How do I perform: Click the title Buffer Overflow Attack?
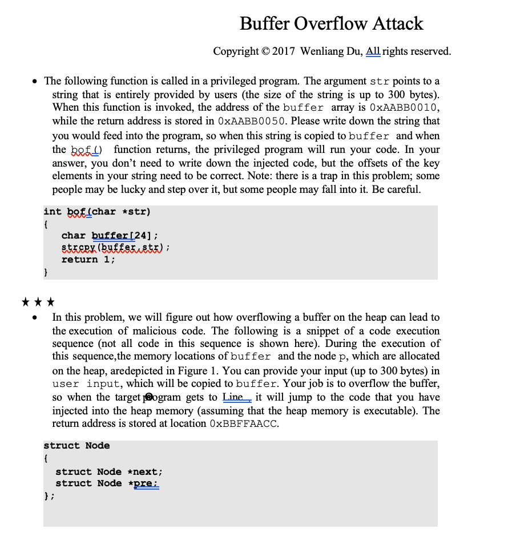click(331, 23)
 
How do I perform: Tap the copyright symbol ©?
click(266, 51)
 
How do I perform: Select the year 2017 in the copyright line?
click(284, 51)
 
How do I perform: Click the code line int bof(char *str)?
click(97, 212)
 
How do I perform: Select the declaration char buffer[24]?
click(110, 235)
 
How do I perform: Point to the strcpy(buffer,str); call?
click(116, 247)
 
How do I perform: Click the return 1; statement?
click(88, 260)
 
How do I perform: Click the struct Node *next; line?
click(109, 471)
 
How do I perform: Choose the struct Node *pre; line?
click(107, 483)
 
